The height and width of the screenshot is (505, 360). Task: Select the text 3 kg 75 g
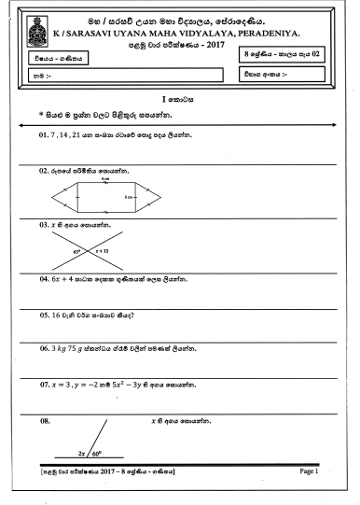[73, 348]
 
